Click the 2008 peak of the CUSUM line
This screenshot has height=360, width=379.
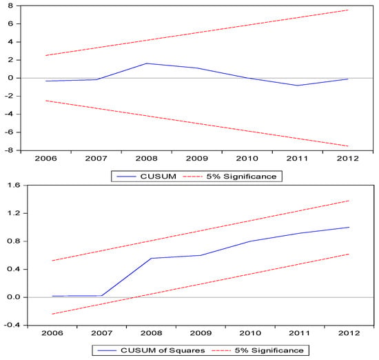click(x=147, y=63)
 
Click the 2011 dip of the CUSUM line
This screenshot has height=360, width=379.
click(x=297, y=86)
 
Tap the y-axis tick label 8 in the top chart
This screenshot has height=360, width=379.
click(x=10, y=6)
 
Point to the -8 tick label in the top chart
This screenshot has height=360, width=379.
click(x=9, y=150)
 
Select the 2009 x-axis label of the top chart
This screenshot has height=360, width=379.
click(x=197, y=159)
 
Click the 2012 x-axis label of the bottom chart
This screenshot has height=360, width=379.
click(x=349, y=333)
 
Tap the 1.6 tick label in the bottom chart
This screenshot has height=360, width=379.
click(x=14, y=186)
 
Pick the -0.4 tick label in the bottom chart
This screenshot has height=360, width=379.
click(x=12, y=325)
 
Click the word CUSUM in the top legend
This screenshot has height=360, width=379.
click(x=158, y=177)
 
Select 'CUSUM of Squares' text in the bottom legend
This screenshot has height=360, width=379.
click(x=163, y=350)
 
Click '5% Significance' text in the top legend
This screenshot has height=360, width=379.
click(x=241, y=177)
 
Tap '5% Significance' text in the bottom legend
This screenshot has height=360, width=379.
click(x=269, y=350)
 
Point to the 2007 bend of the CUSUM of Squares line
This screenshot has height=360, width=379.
click(x=102, y=296)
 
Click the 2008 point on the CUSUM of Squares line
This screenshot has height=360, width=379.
click(x=152, y=259)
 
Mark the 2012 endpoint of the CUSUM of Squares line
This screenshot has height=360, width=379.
click(x=349, y=227)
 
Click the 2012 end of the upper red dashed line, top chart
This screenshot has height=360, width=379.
click(x=347, y=10)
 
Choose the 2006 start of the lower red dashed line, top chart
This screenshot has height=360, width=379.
click(x=46, y=101)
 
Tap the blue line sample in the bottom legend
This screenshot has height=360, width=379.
click(x=107, y=350)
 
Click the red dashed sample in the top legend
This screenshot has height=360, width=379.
click(x=193, y=177)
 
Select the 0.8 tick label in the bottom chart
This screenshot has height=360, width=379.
click(x=14, y=241)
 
